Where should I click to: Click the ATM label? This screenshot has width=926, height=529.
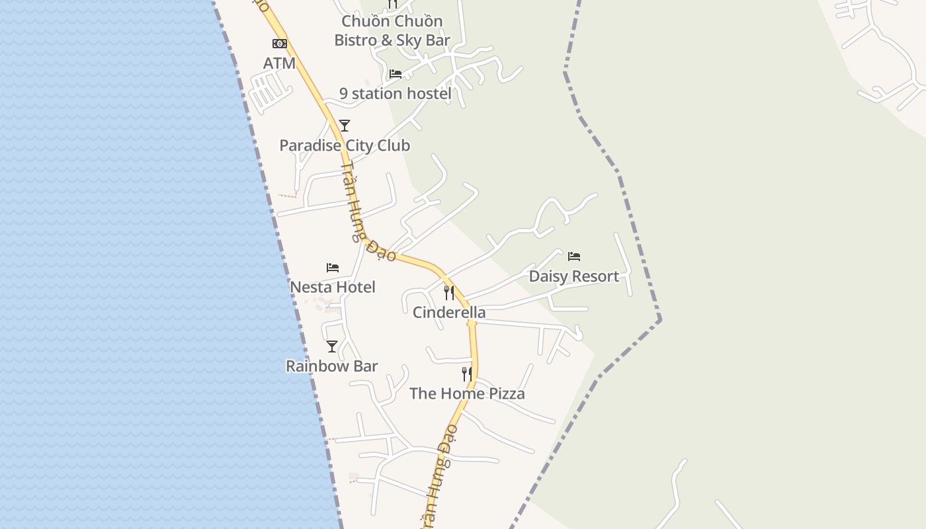tap(279, 63)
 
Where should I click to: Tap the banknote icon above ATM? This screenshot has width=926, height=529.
tap(279, 44)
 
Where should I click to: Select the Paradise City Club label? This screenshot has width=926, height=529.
tap(345, 145)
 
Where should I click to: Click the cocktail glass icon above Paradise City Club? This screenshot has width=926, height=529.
tap(344, 126)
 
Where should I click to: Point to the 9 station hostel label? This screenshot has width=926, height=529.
tap(396, 94)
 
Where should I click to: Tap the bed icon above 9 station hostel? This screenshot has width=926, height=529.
tap(396, 73)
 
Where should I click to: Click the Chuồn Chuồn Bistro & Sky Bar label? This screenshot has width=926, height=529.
tap(392, 30)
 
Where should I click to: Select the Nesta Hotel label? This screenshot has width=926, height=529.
tap(333, 287)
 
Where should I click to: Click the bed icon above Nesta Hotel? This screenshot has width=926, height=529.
tap(333, 268)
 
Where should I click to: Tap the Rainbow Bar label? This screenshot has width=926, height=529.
tap(332, 366)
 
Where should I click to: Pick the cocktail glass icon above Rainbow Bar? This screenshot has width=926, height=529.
tap(332, 346)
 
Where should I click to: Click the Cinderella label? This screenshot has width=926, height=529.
tap(449, 312)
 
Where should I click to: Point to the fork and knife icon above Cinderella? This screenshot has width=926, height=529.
tap(449, 292)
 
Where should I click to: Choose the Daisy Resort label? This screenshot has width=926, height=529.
tap(574, 276)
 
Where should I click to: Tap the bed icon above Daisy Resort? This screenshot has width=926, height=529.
tap(574, 257)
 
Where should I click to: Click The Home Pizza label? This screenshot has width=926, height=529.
tap(467, 393)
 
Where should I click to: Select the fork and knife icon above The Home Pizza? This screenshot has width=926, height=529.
tap(467, 374)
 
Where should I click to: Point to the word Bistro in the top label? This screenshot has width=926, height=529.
tap(357, 40)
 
